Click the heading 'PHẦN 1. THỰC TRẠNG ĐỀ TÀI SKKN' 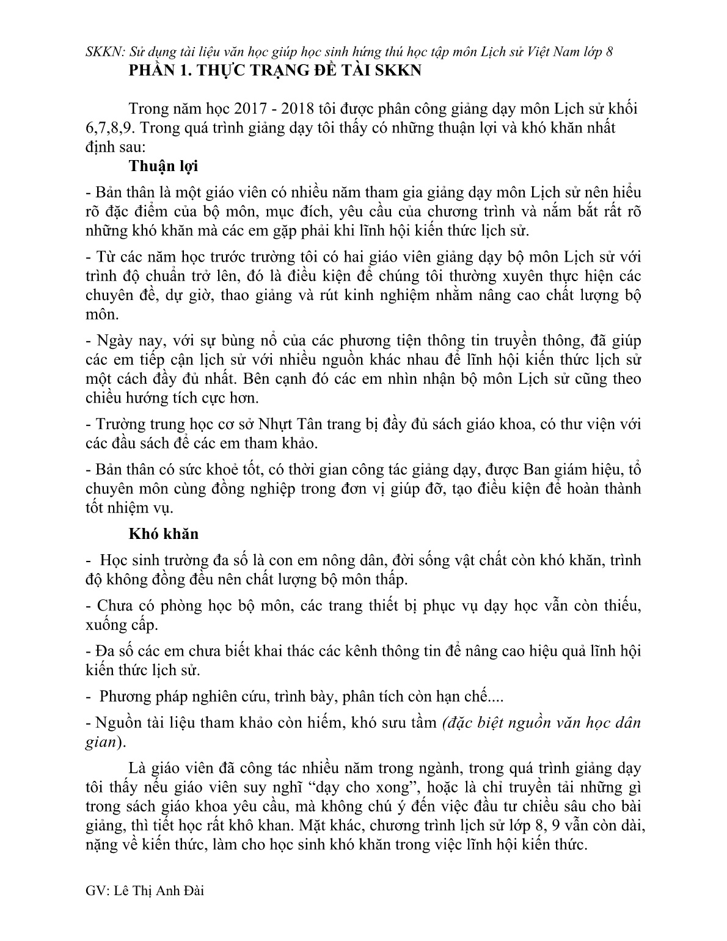pos(275,70)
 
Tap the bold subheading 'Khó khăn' pos(164,533)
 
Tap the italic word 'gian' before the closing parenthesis pos(100,742)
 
